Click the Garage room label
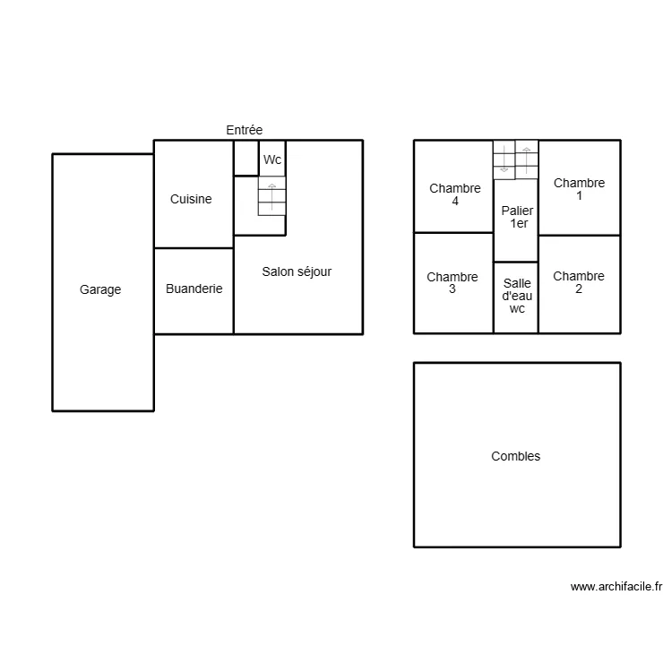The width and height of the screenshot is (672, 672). [x=100, y=289]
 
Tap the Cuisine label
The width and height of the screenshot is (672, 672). [x=191, y=199]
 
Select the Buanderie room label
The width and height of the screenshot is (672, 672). [x=194, y=289]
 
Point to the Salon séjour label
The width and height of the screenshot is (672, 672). [x=297, y=271]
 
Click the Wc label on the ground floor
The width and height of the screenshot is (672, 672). [x=272, y=160]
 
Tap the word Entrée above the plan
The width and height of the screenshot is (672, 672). [x=244, y=130]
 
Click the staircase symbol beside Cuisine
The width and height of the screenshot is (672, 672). [x=271, y=196]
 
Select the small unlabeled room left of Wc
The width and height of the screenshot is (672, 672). [x=246, y=158]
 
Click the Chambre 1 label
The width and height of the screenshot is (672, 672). [x=579, y=189]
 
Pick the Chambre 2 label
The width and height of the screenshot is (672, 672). [x=579, y=282]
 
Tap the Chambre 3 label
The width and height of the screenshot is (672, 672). [x=452, y=283]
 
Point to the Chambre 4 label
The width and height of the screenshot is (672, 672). [x=455, y=194]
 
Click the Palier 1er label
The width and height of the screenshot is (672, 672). [x=517, y=217]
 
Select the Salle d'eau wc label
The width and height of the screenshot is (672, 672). [x=517, y=295]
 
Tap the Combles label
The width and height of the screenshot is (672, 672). [x=516, y=456]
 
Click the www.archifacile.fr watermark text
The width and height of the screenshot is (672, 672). [x=616, y=587]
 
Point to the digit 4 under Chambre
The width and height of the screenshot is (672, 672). [x=455, y=202]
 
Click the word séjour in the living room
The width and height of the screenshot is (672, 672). [x=314, y=271]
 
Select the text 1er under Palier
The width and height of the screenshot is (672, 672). [x=519, y=224]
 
